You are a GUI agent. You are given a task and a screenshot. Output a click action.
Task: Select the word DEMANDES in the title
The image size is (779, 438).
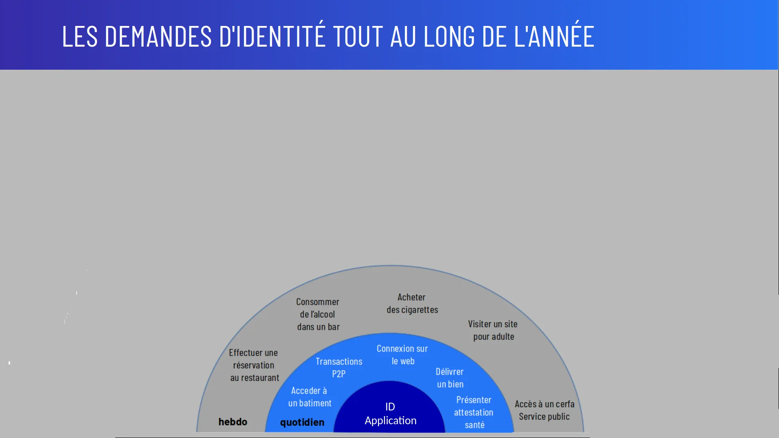pos(158,36)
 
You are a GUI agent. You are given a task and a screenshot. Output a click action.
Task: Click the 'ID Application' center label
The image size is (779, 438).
pos(390,413)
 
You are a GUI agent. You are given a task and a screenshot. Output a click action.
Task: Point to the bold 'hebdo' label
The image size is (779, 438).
pos(233,422)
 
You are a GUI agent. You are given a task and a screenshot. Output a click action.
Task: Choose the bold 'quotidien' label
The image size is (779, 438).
pos(302,423)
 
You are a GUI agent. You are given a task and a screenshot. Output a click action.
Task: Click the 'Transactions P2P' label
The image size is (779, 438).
pos(339,367)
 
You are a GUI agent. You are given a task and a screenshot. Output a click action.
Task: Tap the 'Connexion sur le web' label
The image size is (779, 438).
pos(402,355)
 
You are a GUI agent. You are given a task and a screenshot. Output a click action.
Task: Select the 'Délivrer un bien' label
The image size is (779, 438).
pos(450,378)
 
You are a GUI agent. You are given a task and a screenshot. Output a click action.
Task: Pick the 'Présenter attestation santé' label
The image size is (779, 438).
pos(474,412)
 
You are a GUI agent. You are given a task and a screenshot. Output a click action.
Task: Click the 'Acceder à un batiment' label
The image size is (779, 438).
pos(310,397)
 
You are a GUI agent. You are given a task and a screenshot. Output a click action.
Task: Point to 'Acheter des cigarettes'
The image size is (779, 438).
pos(412,303)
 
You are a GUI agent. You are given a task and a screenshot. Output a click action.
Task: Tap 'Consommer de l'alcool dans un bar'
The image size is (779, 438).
pos(318,314)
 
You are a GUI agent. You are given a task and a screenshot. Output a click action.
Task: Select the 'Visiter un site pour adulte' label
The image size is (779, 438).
pos(493,330)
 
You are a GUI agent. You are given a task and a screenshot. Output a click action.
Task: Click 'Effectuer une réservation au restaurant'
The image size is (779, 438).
pos(254,365)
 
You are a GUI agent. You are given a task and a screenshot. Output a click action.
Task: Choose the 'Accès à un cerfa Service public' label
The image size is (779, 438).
pos(544,410)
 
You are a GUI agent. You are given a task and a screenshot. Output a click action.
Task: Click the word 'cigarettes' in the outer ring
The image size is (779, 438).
pos(420,310)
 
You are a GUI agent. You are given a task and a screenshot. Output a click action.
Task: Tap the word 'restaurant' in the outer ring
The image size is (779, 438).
pos(260,378)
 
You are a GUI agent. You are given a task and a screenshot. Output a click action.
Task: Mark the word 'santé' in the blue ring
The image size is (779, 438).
pos(475,425)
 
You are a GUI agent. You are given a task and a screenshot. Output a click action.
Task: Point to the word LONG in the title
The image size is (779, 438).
pos(449,36)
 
